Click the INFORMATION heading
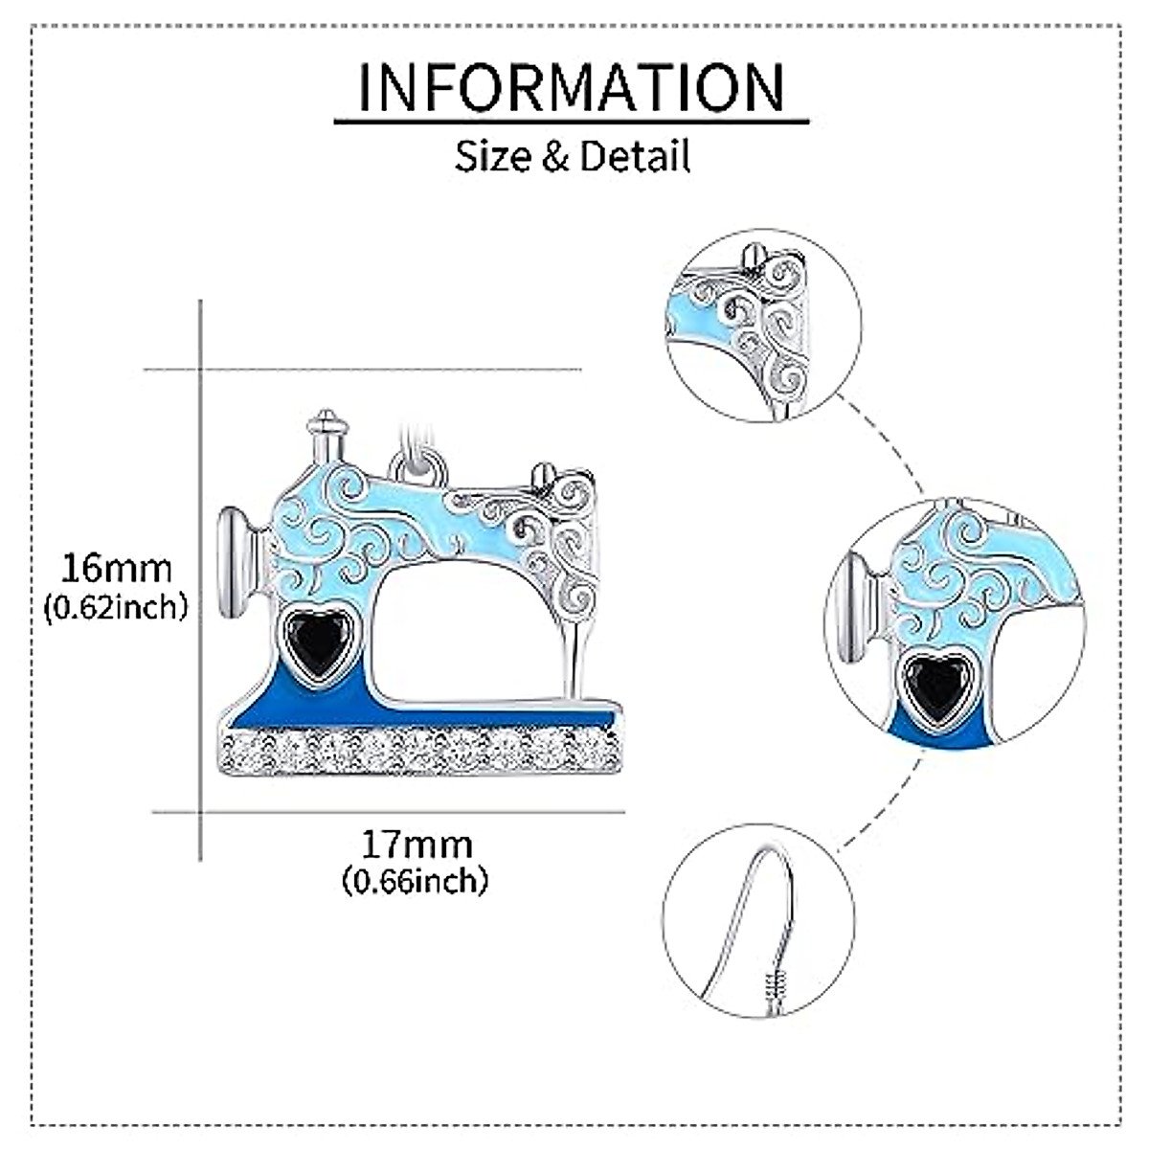point(572,87)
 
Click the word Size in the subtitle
point(493,156)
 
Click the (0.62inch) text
point(116,606)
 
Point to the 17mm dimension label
point(417,845)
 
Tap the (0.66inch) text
point(416,879)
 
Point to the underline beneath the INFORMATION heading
point(572,122)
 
